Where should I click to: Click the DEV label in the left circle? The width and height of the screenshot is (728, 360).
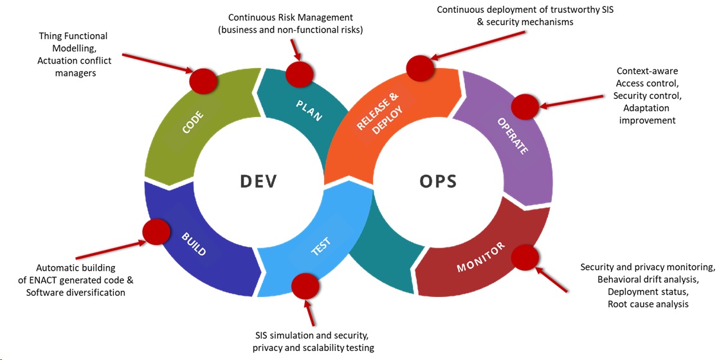(258, 181)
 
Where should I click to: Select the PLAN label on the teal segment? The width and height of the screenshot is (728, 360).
(309, 109)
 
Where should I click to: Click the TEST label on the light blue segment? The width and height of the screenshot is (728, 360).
(320, 247)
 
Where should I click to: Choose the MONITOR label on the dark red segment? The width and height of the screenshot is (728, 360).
(481, 256)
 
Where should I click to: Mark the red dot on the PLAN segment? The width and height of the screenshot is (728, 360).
(298, 74)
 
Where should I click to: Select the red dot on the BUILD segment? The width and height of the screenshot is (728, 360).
(155, 232)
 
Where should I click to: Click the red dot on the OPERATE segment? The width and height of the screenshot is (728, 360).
(525, 105)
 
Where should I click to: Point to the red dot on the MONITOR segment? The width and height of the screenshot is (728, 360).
(525, 256)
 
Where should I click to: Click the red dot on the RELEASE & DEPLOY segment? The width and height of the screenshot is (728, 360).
(420, 67)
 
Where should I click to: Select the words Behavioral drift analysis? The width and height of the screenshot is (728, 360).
(648, 280)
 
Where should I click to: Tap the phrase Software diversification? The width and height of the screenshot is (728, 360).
(76, 292)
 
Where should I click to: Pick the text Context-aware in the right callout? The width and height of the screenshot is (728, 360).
(647, 71)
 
